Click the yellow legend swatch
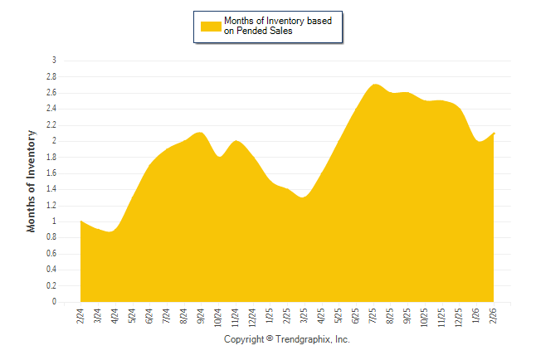211,26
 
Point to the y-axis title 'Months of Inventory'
32,181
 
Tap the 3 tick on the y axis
54,61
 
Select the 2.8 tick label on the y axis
51,76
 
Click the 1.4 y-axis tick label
51,189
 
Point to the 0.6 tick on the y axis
51,254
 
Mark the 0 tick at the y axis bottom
54,302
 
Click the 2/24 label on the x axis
80,317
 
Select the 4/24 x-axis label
115,317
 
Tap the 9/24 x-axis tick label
202,317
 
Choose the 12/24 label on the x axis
253,319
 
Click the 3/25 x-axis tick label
305,317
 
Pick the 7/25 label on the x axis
373,317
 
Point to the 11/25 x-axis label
442,319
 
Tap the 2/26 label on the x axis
494,317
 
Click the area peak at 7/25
374,85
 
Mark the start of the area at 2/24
81,221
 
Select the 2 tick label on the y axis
54,141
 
